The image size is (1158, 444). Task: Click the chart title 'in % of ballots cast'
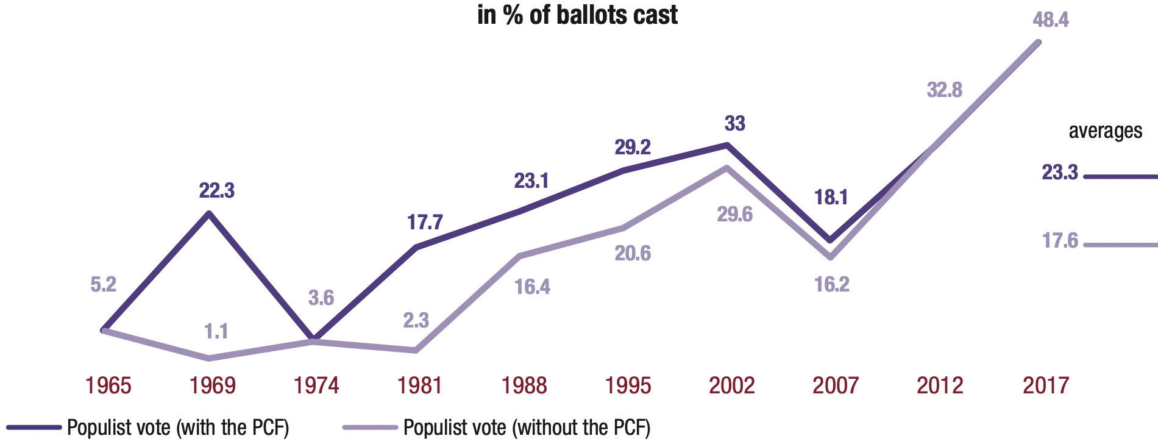point(577,15)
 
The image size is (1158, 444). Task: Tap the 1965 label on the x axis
point(108,385)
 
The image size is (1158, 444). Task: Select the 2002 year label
point(731,385)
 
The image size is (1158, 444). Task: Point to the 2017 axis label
point(1045,385)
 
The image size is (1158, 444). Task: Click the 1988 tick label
point(524,385)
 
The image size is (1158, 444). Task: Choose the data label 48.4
point(1051,20)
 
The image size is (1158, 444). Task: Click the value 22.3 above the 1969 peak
point(216,191)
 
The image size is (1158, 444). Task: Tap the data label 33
point(734,124)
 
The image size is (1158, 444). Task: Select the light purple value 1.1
point(216,331)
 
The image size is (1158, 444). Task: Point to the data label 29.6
point(734,215)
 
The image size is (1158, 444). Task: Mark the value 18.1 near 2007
point(831,198)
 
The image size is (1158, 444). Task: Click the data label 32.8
point(944,90)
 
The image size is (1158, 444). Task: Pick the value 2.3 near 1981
point(416,321)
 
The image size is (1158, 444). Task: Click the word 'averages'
point(1105,131)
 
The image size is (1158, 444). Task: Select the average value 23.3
point(1060,173)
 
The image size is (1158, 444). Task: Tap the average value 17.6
point(1060,241)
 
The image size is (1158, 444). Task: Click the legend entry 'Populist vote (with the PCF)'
point(178,428)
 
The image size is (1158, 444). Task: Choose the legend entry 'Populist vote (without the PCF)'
point(527,428)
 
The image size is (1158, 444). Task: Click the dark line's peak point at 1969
point(209,213)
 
